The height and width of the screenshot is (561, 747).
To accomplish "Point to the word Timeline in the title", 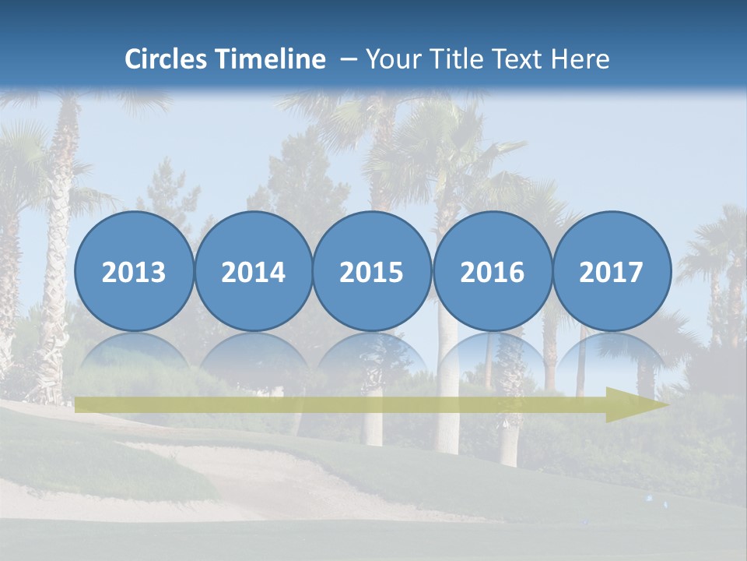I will [272, 59].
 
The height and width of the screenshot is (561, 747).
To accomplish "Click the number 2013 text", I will [134, 273].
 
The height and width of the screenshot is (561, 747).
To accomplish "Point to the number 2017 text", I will [611, 273].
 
